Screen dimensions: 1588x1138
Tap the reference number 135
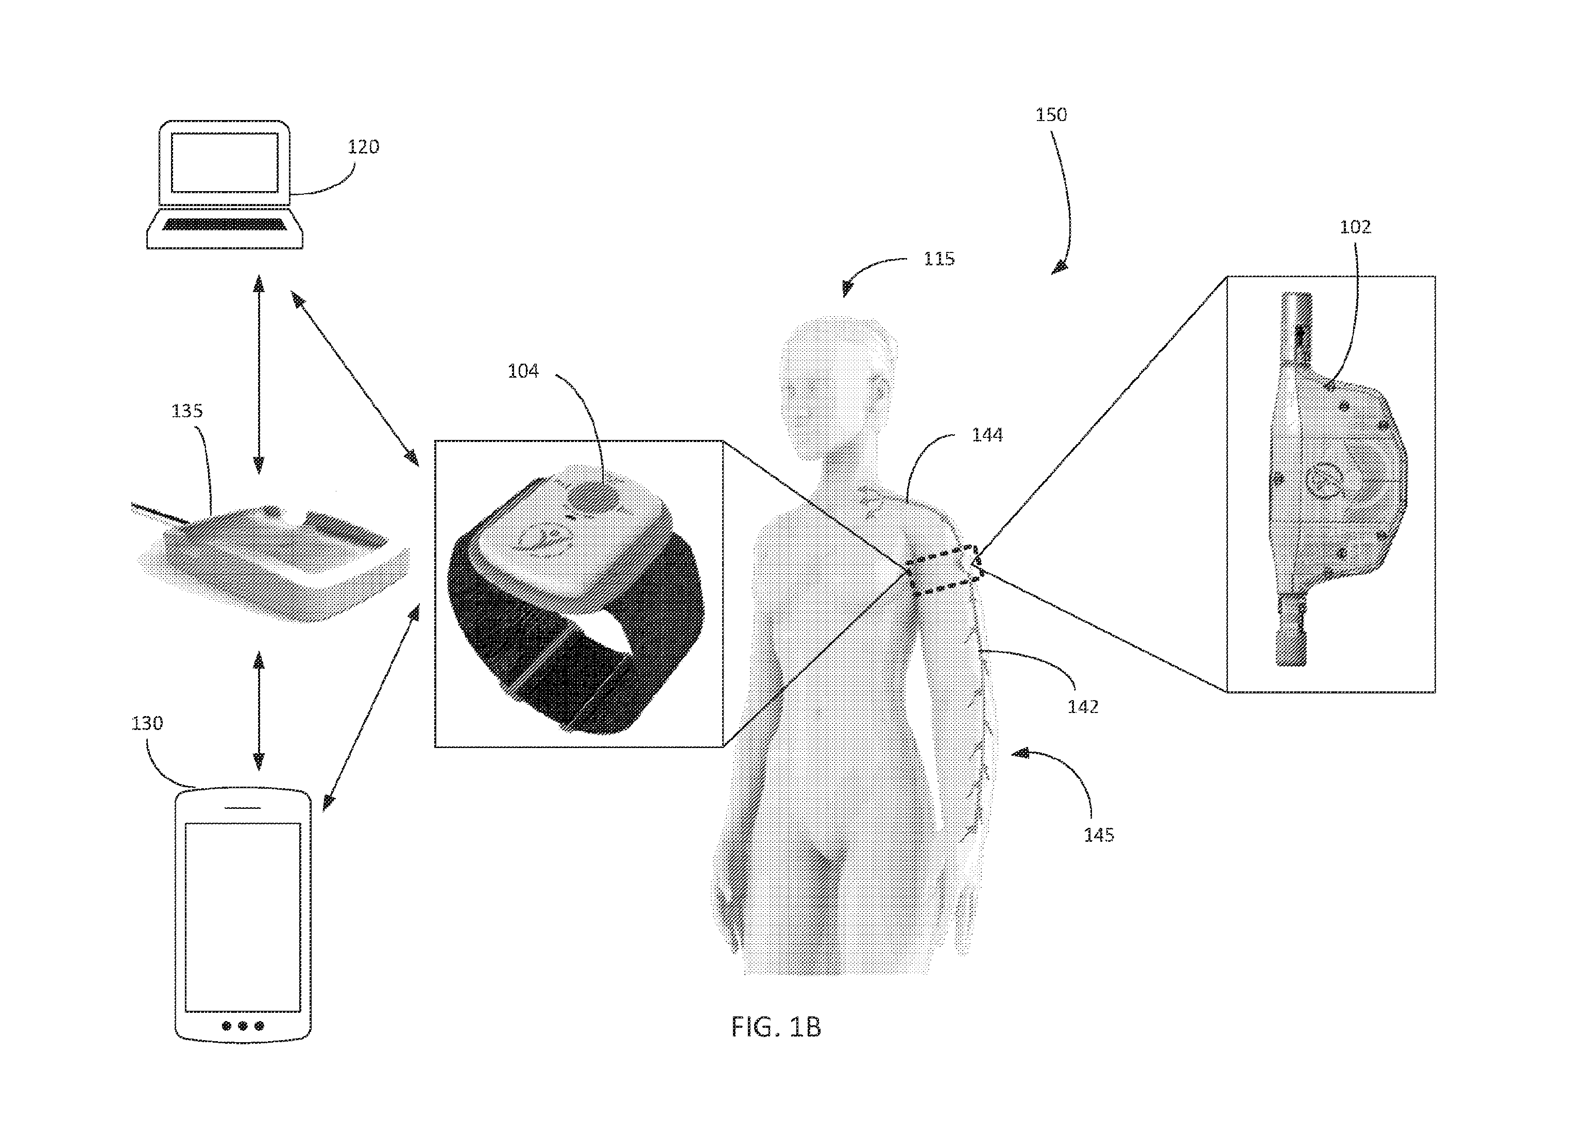187,411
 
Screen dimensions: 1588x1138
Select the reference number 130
147,723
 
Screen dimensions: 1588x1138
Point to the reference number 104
523,371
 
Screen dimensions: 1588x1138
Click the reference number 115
939,259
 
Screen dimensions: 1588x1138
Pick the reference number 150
1051,115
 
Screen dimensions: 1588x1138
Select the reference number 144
987,436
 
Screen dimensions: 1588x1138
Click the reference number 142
1083,707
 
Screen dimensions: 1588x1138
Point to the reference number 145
1099,835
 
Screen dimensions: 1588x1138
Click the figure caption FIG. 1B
776,1027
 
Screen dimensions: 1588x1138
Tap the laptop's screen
225,162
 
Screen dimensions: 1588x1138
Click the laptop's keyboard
225,224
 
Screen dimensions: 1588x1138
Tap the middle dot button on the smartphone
242,1026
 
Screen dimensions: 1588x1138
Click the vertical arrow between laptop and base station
259,374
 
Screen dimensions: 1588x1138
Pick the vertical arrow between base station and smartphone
259,711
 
